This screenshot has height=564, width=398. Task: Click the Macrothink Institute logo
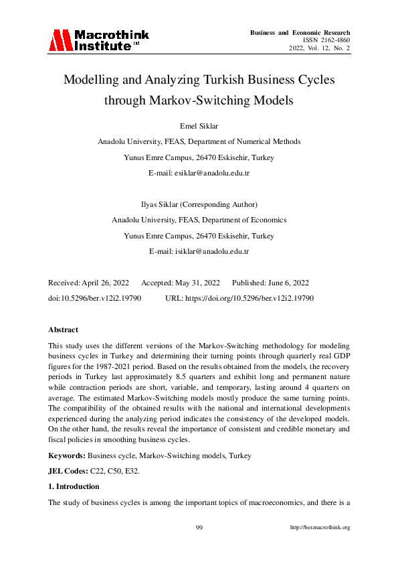click(x=98, y=40)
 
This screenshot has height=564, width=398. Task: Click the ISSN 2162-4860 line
click(x=326, y=40)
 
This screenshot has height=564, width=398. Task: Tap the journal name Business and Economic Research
click(x=300, y=32)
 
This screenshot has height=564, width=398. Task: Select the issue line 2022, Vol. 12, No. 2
click(x=320, y=49)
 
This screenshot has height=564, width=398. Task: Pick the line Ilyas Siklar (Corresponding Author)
click(x=199, y=204)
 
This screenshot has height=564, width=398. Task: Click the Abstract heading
click(x=63, y=330)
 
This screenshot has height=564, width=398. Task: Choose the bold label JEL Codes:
click(x=69, y=471)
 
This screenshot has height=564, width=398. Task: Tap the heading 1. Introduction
click(x=74, y=486)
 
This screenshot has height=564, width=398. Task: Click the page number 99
click(x=199, y=528)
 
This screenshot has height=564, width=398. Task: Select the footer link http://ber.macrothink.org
click(x=320, y=528)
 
